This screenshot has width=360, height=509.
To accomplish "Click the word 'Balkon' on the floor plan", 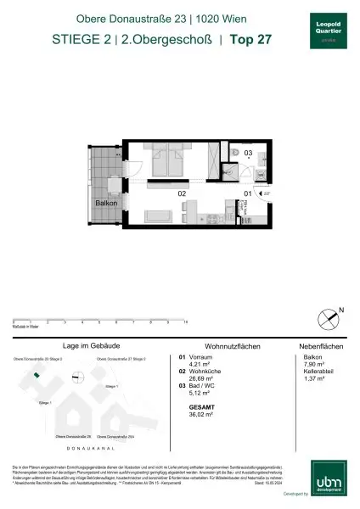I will [x=105, y=204].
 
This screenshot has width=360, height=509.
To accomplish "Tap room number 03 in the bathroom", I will [x=248, y=154].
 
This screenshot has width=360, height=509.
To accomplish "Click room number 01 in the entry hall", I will [x=248, y=193].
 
